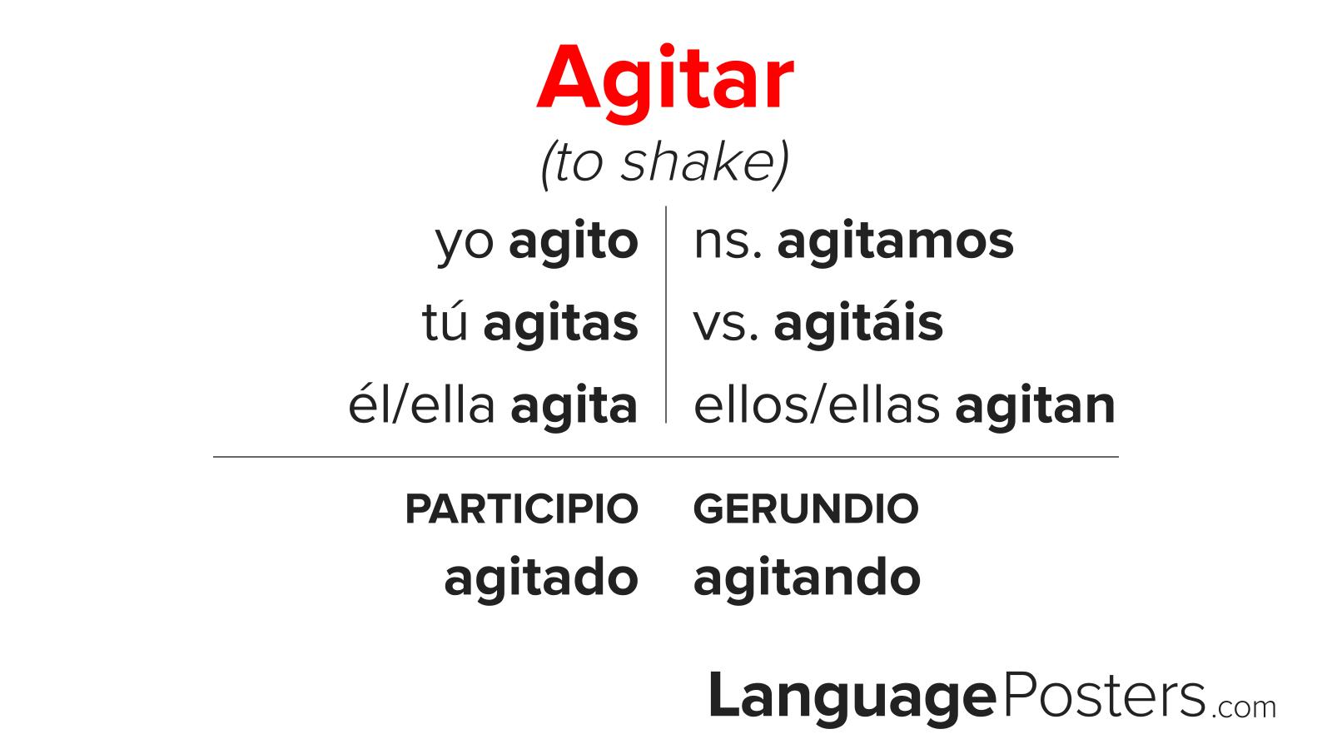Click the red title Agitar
665,80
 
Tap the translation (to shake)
665,162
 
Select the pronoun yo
465,242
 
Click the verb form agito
574,242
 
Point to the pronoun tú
446,324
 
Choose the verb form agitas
561,324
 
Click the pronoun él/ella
422,406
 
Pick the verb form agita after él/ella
574,406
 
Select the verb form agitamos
896,242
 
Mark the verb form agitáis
858,324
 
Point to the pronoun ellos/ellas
818,406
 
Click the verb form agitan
1035,406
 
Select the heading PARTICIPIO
522,509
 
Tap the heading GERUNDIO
806,509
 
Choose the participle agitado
541,578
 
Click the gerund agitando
807,578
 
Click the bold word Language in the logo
852,697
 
